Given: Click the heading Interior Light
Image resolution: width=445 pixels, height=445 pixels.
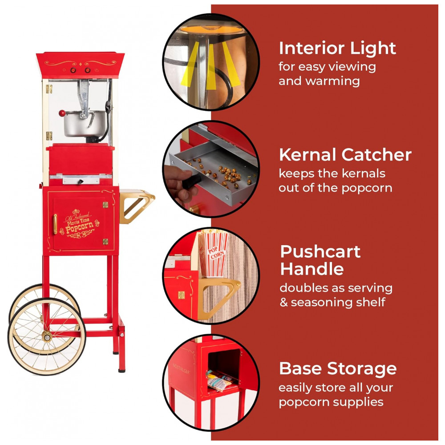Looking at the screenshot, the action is (x=337, y=48).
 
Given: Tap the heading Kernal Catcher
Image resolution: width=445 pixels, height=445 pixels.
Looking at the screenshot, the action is (x=345, y=155).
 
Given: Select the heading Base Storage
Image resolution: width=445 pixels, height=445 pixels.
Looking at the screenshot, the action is (x=338, y=368).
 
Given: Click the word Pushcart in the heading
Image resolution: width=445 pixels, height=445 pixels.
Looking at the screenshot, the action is (x=320, y=252).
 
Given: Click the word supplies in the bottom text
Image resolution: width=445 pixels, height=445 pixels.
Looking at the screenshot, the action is (x=358, y=403).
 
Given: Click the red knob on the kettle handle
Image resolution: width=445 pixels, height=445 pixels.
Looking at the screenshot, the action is (x=62, y=113).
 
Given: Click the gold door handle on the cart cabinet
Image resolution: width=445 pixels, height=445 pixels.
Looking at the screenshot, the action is (x=55, y=224).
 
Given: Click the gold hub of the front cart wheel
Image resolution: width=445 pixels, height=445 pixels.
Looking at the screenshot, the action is (x=47, y=337).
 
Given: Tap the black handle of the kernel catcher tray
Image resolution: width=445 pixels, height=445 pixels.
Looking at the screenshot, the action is (x=192, y=181).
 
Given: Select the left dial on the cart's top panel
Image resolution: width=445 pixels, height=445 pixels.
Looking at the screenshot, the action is (x=73, y=70).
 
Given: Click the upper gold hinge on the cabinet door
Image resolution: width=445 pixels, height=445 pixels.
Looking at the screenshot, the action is (x=105, y=205).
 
